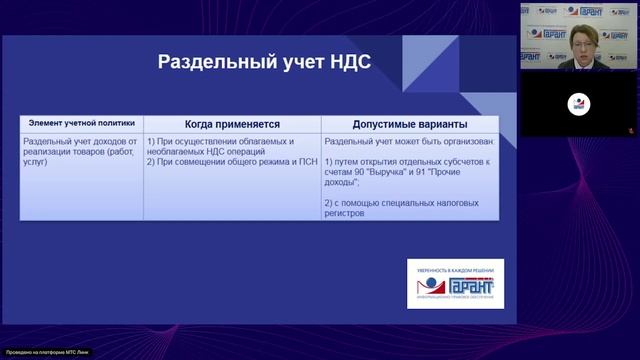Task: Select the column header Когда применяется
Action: [x=231, y=124]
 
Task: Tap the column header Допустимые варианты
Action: [x=409, y=124]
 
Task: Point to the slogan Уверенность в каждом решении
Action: [x=455, y=265]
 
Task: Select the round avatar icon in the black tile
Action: [x=579, y=104]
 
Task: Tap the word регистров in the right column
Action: [x=345, y=213]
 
